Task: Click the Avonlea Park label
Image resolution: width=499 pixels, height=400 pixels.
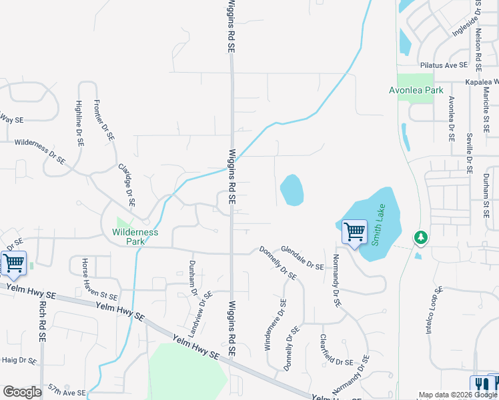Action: pyautogui.click(x=412, y=90)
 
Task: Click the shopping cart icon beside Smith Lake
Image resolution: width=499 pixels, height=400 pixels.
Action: pyautogui.click(x=354, y=233)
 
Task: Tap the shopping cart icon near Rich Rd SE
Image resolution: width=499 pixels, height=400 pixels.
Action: pyautogui.click(x=13, y=263)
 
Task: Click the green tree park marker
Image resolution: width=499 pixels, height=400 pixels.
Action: pyautogui.click(x=420, y=237)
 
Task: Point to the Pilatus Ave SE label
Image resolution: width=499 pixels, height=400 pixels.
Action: pyautogui.click(x=451, y=66)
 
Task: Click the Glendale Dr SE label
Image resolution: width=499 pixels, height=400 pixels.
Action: pyautogui.click(x=302, y=257)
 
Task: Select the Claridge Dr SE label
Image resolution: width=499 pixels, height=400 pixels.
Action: pyautogui.click(x=126, y=185)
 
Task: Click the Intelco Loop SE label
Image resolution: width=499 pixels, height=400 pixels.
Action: pyautogui.click(x=433, y=310)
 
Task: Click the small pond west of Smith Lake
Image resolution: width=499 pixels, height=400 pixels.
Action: pyautogui.click(x=292, y=190)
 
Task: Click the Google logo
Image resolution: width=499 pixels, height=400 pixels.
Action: pyautogui.click(x=22, y=392)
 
